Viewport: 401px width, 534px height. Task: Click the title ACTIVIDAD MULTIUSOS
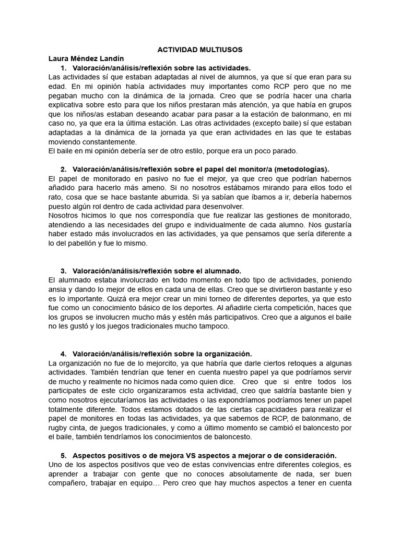click(x=200, y=50)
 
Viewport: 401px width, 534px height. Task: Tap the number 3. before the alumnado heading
click(x=64, y=271)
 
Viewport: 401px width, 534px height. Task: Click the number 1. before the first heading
click(x=64, y=68)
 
